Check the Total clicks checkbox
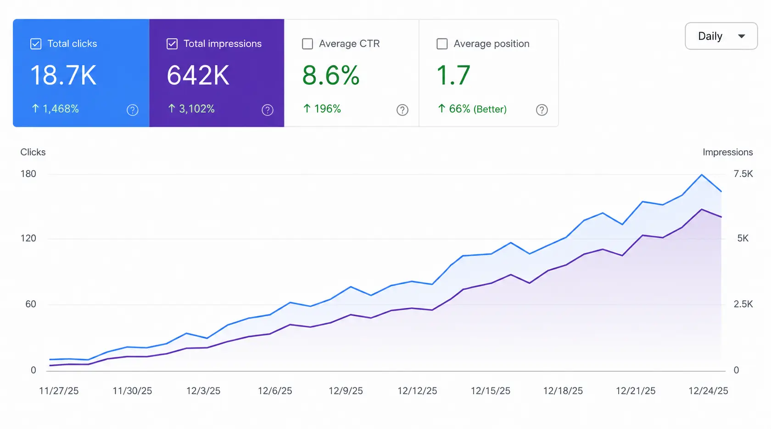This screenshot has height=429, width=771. click(x=36, y=44)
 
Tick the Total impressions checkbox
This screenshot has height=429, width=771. click(x=172, y=44)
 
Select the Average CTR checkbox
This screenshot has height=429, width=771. click(x=307, y=44)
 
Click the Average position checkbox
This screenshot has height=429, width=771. click(x=442, y=44)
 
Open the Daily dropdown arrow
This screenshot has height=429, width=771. click(x=742, y=36)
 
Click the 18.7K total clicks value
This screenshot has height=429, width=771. click(x=63, y=75)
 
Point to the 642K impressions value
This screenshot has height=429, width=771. click(x=198, y=75)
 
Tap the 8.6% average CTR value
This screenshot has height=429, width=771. click(x=331, y=75)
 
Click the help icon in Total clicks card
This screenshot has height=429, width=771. click(x=133, y=110)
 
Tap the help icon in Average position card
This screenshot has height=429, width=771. click(x=542, y=110)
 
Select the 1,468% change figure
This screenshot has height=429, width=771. click(x=61, y=109)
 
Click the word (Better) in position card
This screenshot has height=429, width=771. click(x=490, y=109)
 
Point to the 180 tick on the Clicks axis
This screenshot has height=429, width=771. click(x=28, y=174)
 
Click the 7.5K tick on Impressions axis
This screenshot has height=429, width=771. click(x=743, y=174)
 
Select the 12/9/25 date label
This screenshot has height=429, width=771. click(x=346, y=391)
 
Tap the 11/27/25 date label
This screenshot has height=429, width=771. click(x=59, y=391)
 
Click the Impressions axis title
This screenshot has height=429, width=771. click(x=728, y=152)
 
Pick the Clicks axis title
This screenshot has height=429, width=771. click(x=33, y=152)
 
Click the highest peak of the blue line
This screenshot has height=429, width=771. click(x=702, y=175)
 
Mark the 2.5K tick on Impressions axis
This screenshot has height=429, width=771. click(x=743, y=304)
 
